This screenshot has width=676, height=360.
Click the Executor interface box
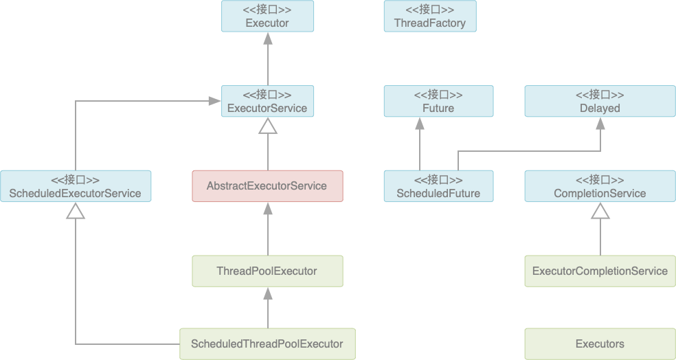pyautogui.click(x=267, y=16)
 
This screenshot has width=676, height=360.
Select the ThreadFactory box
pyautogui.click(x=430, y=16)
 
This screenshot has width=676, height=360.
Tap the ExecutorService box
pyautogui.click(x=267, y=101)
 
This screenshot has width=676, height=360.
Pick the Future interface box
pyautogui.click(x=438, y=101)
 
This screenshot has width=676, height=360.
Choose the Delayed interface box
pyautogui.click(x=600, y=101)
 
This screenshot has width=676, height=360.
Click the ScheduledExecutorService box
pyautogui.click(x=76, y=185)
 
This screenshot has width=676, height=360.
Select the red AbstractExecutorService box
pyautogui.click(x=267, y=185)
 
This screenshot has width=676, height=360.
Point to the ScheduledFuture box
pyautogui.click(x=438, y=185)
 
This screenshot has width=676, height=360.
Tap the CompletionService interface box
pyautogui.click(x=600, y=185)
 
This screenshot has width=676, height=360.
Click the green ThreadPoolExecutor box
pyautogui.click(x=267, y=271)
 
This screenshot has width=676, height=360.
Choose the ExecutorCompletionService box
pyautogui.click(x=600, y=271)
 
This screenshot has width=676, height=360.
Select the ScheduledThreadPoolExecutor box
pyautogui.click(x=267, y=344)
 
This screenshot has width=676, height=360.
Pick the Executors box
pyautogui.click(x=600, y=344)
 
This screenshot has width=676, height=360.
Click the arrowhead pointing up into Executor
pyautogui.click(x=268, y=38)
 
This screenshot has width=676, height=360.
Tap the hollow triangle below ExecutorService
pyautogui.click(x=268, y=126)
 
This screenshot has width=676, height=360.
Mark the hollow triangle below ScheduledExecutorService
pyautogui.click(x=76, y=210)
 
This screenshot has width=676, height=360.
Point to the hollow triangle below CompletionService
pyautogui.click(x=600, y=210)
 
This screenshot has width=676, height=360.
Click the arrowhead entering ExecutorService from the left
pyautogui.click(x=215, y=101)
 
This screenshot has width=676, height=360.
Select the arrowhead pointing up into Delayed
pyautogui.click(x=600, y=123)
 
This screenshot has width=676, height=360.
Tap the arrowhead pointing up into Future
pyautogui.click(x=420, y=123)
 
